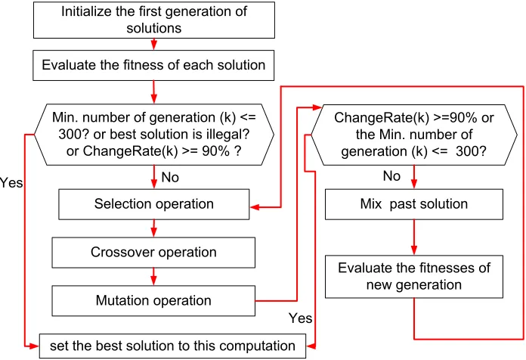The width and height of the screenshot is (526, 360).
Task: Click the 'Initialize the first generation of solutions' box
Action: [x=154, y=20]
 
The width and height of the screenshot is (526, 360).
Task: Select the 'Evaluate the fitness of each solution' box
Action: [x=153, y=66]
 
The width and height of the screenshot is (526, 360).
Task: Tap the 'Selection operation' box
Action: [x=154, y=204]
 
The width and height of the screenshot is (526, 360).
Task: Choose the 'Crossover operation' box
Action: [x=153, y=253]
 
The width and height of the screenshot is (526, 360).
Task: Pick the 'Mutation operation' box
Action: [x=153, y=300]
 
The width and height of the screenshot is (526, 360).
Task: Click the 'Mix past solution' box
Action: [x=414, y=204]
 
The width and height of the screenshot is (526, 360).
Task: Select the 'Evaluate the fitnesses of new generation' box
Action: [x=414, y=277]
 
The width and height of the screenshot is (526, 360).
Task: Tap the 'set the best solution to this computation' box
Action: [x=172, y=346]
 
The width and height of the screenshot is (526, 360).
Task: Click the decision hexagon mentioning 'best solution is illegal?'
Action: [x=154, y=135]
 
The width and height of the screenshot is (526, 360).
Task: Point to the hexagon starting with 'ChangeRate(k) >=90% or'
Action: [x=414, y=135]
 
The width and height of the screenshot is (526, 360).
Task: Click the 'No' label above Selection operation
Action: [x=170, y=177]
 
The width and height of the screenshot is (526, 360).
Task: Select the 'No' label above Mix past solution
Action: [x=391, y=176]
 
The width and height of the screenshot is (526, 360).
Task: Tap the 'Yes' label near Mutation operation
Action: [x=300, y=318]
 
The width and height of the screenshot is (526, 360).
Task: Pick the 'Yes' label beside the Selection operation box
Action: [x=11, y=183]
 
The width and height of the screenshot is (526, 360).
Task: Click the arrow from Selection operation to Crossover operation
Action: [x=154, y=228]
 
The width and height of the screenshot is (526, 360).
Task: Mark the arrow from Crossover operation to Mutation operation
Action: [x=153, y=277]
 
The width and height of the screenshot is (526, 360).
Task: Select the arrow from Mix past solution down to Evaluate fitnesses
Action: [x=414, y=237]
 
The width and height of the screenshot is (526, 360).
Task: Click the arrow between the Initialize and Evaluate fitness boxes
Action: [x=154, y=45]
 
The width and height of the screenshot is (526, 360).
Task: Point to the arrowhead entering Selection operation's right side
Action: [x=254, y=207]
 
